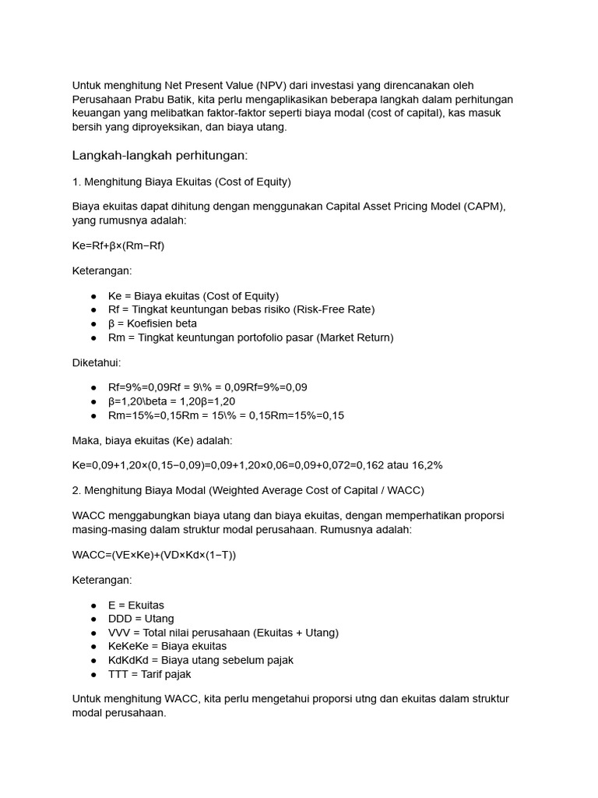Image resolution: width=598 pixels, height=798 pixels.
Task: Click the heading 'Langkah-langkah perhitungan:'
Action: point(159,156)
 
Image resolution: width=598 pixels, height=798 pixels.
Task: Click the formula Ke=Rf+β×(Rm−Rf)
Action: point(118,245)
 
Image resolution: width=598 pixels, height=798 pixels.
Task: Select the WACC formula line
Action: point(153,554)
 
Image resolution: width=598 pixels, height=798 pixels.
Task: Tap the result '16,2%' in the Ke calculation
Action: point(425,465)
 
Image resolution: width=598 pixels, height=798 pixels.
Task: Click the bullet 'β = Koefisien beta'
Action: point(153,323)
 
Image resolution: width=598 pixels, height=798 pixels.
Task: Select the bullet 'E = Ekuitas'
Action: point(136,605)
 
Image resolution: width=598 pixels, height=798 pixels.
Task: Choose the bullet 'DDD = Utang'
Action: point(141,619)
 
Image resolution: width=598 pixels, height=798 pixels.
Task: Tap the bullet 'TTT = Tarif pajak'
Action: point(149,674)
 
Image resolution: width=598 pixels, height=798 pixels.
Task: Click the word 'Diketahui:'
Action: point(97,362)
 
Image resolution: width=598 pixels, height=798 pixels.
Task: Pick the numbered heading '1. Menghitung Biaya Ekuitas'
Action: point(181,182)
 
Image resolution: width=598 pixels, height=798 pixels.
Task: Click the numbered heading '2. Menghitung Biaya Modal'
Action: point(248,489)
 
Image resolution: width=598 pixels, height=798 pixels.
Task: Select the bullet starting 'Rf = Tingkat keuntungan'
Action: point(241,309)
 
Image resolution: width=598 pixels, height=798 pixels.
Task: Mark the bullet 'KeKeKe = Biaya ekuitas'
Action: point(167,646)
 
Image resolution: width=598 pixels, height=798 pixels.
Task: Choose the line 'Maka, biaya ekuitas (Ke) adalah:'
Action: point(152,440)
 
